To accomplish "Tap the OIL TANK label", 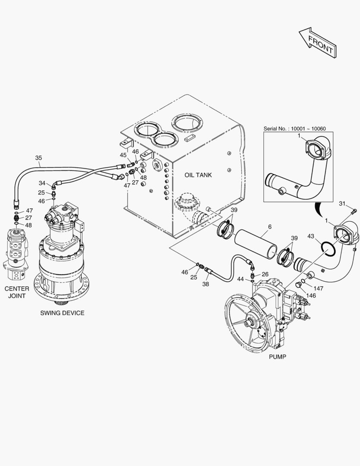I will click(x=198, y=175).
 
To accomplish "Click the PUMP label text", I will click(x=277, y=357).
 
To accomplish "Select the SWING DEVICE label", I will click(x=63, y=313).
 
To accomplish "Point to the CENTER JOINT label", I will click(x=17, y=292).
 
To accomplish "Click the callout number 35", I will click(x=38, y=158).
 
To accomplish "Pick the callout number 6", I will click(x=269, y=227).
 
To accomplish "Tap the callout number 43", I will click(x=311, y=236).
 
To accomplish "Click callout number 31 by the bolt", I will click(x=342, y=204).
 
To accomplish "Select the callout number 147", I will click(x=319, y=288).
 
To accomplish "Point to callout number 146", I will click(x=311, y=296).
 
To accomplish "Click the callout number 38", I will click(x=206, y=285).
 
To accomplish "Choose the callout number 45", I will click(x=123, y=155).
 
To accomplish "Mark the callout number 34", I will click(x=42, y=183).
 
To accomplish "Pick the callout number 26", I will click(x=265, y=274).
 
